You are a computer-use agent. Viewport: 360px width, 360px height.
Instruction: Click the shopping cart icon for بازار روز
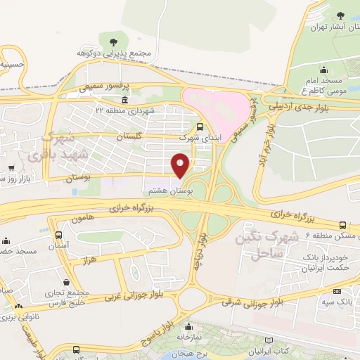(12, 169)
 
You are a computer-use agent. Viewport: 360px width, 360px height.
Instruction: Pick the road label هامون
(82, 220)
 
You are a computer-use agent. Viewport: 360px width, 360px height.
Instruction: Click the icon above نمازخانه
(188, 327)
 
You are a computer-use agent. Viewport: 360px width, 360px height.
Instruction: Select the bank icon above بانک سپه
(337, 291)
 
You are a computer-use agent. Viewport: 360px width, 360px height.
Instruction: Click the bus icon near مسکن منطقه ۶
(342, 225)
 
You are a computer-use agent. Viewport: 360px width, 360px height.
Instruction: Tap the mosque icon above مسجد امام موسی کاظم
(323, 70)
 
